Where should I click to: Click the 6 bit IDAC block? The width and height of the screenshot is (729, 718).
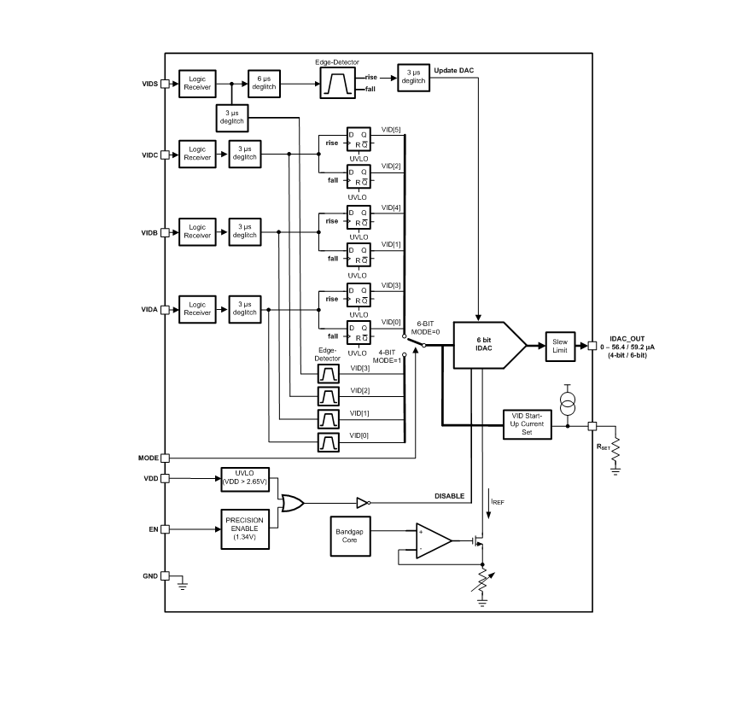(488, 345)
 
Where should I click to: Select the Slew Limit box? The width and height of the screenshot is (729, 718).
(560, 346)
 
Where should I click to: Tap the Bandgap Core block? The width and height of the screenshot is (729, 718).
(350, 536)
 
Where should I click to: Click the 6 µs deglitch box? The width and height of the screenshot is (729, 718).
(264, 84)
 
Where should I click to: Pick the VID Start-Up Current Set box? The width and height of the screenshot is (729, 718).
(528, 424)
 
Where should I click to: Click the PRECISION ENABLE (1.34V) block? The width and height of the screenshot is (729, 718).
(245, 528)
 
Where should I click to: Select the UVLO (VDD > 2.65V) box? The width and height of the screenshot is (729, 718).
(245, 479)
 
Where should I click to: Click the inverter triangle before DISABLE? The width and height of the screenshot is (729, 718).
(363, 503)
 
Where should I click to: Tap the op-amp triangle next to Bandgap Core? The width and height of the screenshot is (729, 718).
(434, 540)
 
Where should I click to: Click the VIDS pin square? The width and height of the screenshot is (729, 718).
(165, 84)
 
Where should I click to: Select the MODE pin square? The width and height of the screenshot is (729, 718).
(165, 458)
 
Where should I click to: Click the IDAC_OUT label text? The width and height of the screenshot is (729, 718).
(627, 339)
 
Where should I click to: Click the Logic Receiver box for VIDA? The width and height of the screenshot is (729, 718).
(197, 309)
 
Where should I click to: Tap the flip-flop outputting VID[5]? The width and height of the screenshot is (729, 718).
(359, 138)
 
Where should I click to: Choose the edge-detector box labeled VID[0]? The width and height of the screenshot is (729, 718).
(329, 441)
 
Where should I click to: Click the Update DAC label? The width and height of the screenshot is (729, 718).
(454, 70)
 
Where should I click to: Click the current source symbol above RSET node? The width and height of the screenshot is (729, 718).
(567, 404)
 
